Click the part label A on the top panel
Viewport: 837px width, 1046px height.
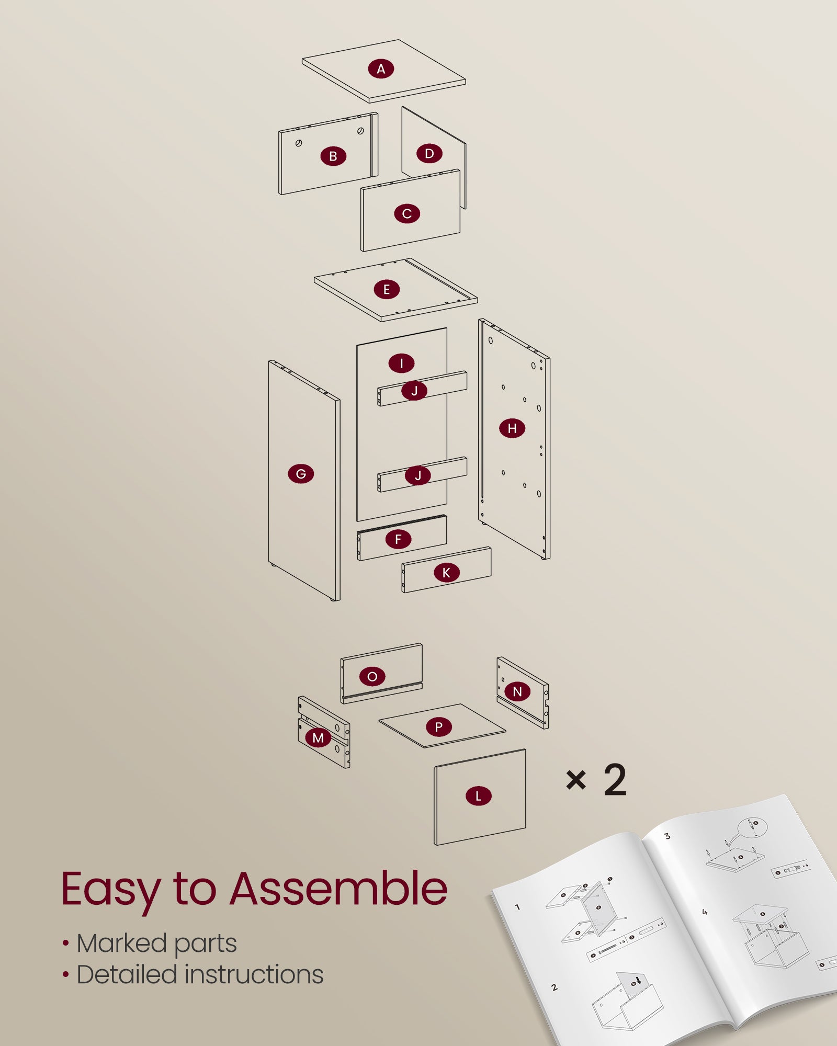(x=381, y=69)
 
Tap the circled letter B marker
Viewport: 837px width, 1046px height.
(x=333, y=156)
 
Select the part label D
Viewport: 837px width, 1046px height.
(x=429, y=154)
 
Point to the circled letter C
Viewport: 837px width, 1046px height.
(x=407, y=213)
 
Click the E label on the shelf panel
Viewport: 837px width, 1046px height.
(x=387, y=289)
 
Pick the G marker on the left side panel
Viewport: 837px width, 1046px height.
(x=301, y=474)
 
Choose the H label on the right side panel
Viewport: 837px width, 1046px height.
(x=512, y=428)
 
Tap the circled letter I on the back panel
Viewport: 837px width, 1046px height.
(x=402, y=363)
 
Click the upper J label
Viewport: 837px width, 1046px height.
(x=414, y=391)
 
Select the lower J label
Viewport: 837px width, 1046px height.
(x=418, y=475)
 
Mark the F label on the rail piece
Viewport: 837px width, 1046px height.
(x=398, y=539)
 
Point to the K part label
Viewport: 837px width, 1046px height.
(x=446, y=573)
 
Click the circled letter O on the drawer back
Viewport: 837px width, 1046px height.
(x=372, y=677)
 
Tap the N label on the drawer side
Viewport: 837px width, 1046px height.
(x=517, y=691)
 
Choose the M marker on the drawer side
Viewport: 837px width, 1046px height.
(x=318, y=738)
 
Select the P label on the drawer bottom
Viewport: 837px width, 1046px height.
(x=438, y=726)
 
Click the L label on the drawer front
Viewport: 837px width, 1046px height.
(x=478, y=796)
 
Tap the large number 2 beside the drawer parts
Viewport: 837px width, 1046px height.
(x=615, y=780)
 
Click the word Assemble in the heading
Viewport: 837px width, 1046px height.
(x=338, y=889)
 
